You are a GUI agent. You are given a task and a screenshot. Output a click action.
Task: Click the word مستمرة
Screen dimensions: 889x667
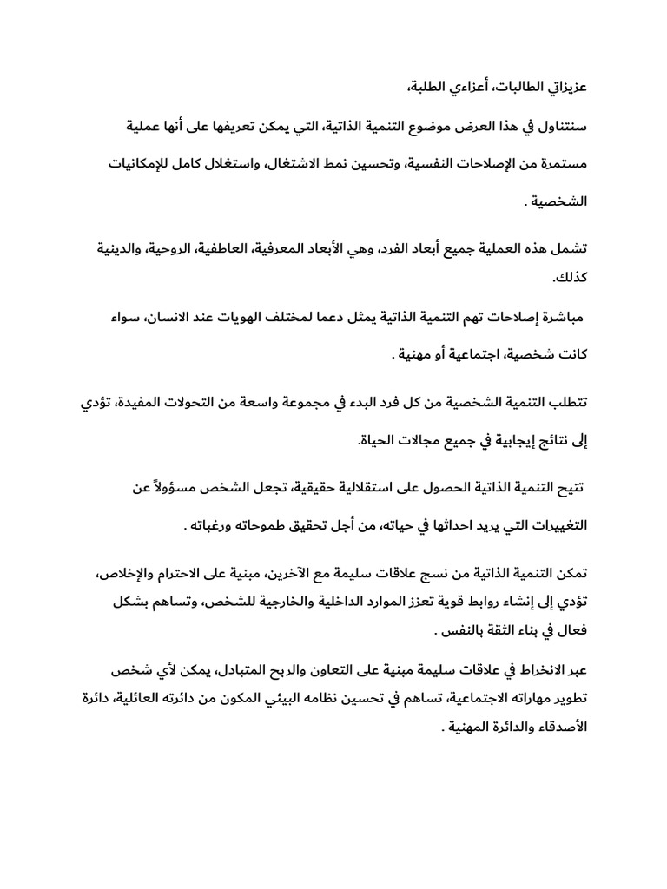click(x=557, y=166)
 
